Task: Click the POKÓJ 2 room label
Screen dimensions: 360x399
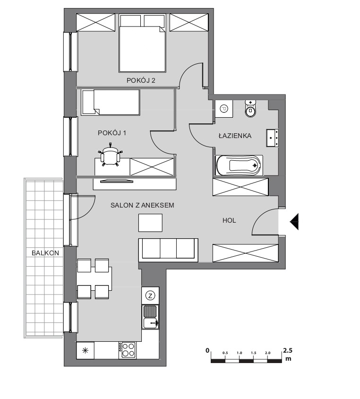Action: point(141,80)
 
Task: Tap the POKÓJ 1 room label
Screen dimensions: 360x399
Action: point(112,133)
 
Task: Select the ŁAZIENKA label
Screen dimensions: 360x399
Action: point(235,136)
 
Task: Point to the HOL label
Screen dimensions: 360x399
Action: point(229,220)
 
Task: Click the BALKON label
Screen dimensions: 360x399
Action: point(45,253)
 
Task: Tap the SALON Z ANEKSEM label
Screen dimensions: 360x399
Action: point(142,205)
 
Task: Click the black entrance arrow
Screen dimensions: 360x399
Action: point(294,222)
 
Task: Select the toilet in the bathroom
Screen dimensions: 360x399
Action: point(251,109)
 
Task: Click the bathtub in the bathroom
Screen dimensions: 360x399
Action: point(239,165)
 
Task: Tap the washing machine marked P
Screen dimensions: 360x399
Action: point(224,109)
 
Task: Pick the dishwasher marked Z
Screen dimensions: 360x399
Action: point(150,295)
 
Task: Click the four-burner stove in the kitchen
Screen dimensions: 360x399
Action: point(128,350)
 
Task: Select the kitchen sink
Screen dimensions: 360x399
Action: point(150,317)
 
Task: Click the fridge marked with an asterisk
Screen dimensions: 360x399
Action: point(85,350)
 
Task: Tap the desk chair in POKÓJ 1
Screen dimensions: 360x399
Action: point(111,155)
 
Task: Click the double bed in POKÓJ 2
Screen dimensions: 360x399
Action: point(142,43)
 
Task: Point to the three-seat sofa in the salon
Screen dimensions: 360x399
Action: point(168,250)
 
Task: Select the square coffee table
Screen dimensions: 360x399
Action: point(150,223)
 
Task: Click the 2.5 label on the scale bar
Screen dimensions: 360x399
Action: point(288,350)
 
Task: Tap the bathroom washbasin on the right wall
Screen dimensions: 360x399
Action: point(272,138)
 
